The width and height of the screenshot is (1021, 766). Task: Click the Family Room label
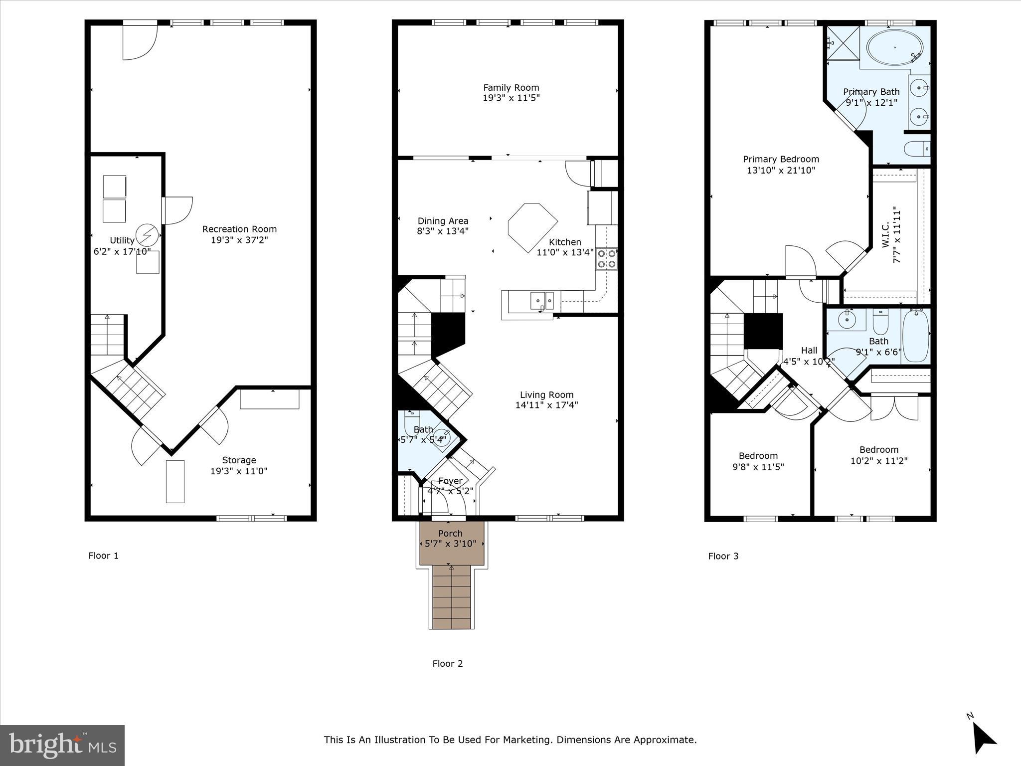coord(511,88)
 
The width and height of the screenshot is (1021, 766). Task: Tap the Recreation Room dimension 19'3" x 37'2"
coord(239,240)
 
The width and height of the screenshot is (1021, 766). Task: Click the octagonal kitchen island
coord(531,227)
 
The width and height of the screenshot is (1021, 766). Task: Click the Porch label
coord(450,534)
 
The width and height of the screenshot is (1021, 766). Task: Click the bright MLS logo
coord(62,745)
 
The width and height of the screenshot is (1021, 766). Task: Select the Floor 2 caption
coord(447,664)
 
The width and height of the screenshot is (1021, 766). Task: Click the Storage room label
coord(239,460)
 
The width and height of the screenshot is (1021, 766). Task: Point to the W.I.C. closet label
coord(885,235)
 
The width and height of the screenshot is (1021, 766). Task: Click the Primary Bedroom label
coord(781,160)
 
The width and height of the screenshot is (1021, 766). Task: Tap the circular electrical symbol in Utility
coord(148,234)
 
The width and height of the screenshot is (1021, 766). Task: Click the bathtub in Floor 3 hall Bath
coord(915,336)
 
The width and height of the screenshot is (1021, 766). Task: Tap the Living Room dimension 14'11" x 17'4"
coord(546,405)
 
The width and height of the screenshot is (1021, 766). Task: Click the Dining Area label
coord(443,221)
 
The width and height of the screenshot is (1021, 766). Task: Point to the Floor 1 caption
coord(103,556)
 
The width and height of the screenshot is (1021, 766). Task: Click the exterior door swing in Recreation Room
coord(141,42)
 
